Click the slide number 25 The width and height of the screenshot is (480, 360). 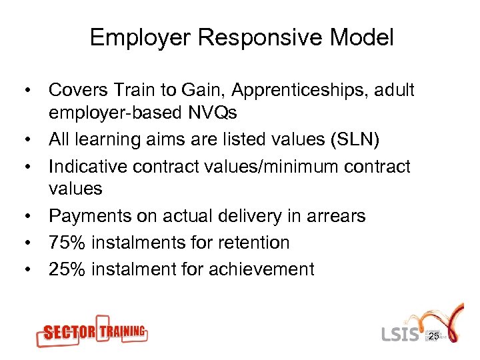point(433,337)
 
